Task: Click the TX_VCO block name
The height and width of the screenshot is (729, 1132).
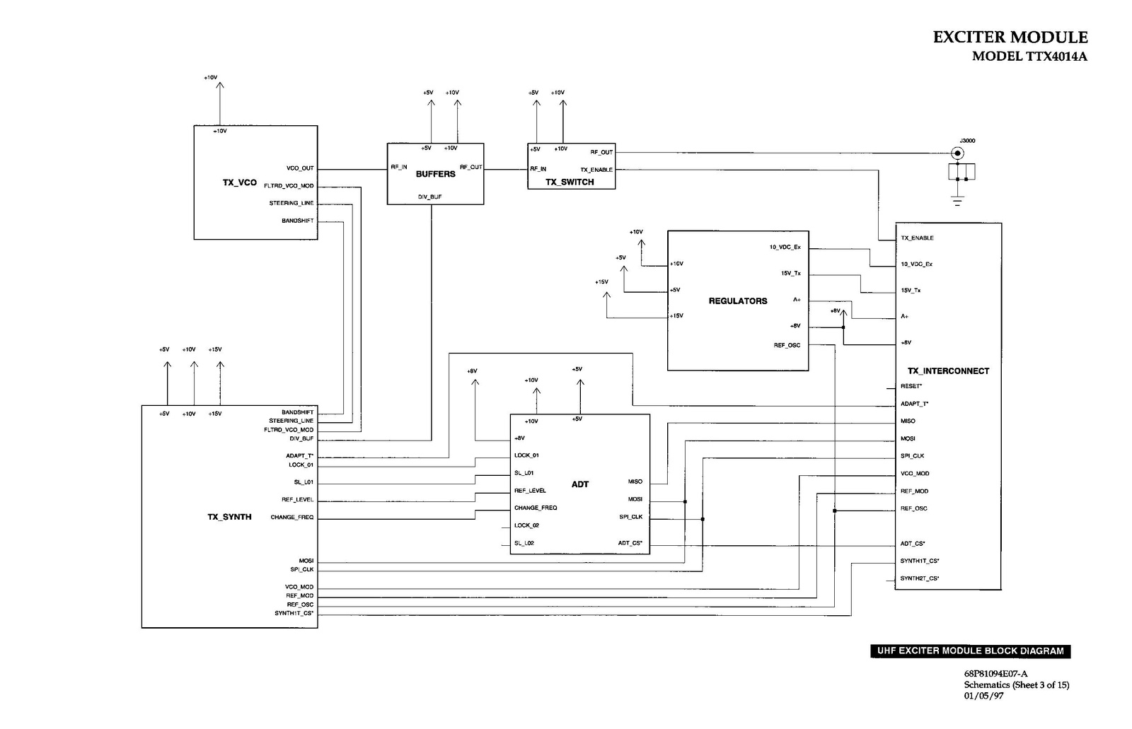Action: [x=239, y=182]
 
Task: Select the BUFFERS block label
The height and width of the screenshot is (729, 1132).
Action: [x=435, y=174]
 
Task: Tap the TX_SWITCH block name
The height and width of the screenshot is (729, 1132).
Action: [x=570, y=182]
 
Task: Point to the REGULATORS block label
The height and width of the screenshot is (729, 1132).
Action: [x=738, y=301]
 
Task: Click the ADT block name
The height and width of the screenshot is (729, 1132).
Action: [x=580, y=484]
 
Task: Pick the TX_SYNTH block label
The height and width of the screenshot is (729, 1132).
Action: [x=229, y=517]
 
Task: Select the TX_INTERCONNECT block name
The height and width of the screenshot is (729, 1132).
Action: [x=948, y=371]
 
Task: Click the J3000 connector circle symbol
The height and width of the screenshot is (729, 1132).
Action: [x=958, y=153]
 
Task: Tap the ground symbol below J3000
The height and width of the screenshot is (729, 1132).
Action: [x=958, y=201]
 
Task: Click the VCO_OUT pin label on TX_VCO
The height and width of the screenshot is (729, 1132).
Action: [x=300, y=168]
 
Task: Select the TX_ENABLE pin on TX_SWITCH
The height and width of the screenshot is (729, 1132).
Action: [x=596, y=170]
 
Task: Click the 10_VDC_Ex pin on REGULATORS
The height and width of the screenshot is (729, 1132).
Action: [x=785, y=247]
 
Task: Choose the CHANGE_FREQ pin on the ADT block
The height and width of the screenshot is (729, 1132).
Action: [x=536, y=508]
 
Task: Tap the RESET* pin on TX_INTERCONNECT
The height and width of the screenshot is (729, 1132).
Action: [x=911, y=386]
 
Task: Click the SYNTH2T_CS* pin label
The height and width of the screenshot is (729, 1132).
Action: [x=919, y=578]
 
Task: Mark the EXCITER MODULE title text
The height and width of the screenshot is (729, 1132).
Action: [x=1010, y=37]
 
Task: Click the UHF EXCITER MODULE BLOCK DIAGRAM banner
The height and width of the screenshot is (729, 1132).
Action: [x=970, y=651]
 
